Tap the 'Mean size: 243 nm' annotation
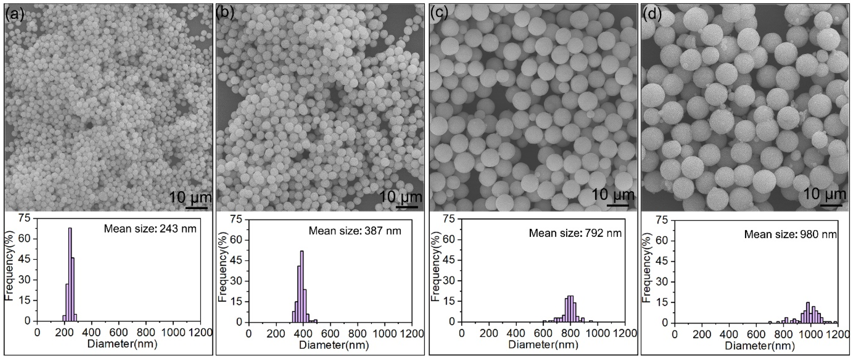[x=150, y=229]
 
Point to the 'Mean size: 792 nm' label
[x=575, y=233]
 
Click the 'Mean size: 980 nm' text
[x=790, y=234]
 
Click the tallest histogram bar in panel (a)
[x=70, y=275]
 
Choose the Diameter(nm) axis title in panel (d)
[x=760, y=346]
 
